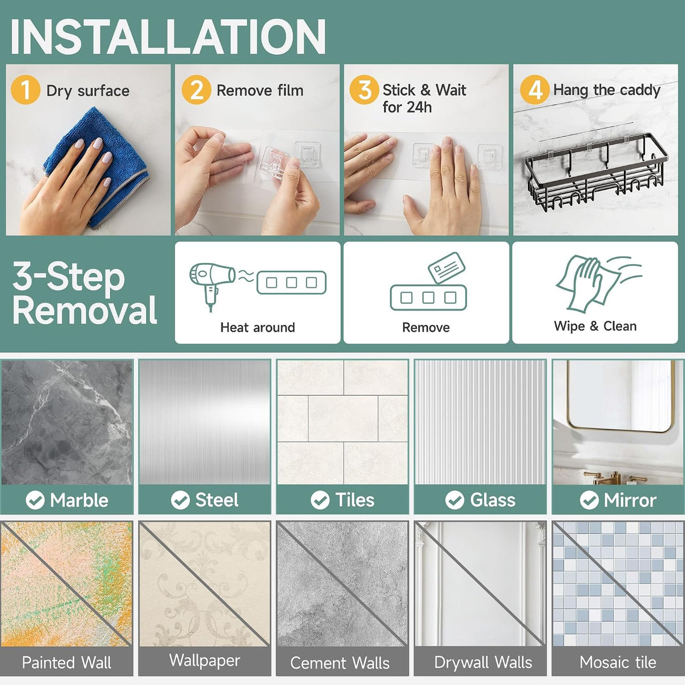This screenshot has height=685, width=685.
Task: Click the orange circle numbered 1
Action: (x=25, y=90)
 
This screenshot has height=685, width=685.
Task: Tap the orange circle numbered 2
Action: (x=196, y=90)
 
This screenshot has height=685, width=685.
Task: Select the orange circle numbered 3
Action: (x=364, y=90)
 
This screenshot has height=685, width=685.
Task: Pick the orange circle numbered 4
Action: (x=535, y=90)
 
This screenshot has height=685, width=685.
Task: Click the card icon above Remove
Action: (x=446, y=267)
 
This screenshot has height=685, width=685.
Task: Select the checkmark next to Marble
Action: (x=35, y=500)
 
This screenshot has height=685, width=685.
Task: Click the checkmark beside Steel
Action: (x=180, y=500)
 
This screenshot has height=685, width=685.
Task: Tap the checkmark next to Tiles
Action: (x=320, y=500)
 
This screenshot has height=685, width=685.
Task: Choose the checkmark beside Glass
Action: (x=454, y=500)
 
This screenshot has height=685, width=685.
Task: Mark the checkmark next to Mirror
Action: (x=589, y=500)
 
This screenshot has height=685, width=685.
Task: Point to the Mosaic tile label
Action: (x=618, y=662)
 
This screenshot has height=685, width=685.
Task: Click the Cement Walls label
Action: (x=340, y=663)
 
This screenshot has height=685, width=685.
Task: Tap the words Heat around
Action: (x=257, y=328)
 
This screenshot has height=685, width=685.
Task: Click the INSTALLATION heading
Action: (x=168, y=37)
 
